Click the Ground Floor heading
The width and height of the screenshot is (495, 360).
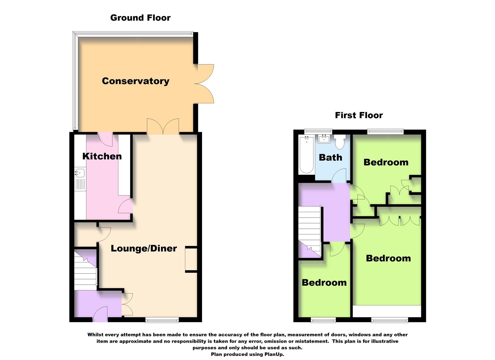[x=140, y=18]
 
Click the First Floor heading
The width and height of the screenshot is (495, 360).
[x=359, y=115]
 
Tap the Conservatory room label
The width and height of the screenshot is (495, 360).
[x=135, y=81]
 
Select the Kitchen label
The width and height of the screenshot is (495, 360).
[x=102, y=156]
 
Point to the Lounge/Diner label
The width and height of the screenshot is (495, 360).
[x=144, y=248]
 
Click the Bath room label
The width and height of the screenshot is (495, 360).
[x=330, y=157]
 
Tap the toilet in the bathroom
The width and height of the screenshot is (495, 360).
[x=340, y=142]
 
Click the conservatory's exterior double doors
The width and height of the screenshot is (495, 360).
[x=204, y=83]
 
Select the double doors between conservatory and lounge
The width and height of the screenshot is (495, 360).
[x=163, y=127]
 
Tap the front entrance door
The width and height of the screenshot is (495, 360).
[x=100, y=315]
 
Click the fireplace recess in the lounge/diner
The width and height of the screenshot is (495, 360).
[x=191, y=260]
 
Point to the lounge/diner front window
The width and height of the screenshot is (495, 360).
[x=162, y=320]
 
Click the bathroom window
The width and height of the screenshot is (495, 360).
[x=318, y=131]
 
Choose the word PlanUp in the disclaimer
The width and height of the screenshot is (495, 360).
[x=274, y=354]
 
